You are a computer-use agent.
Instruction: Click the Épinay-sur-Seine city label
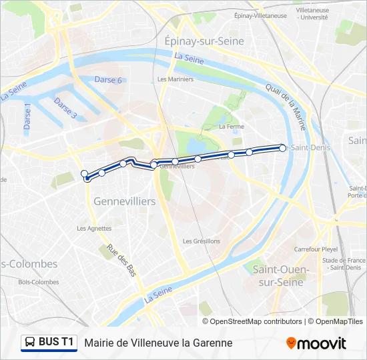click(x=204, y=41)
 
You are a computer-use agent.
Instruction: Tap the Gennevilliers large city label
click(x=125, y=201)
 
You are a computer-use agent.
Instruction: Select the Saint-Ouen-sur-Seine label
click(x=281, y=275)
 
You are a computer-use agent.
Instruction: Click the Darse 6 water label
click(x=108, y=81)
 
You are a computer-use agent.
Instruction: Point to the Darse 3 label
click(x=66, y=109)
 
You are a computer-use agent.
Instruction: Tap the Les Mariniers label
click(x=175, y=79)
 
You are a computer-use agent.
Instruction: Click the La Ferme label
click(x=232, y=126)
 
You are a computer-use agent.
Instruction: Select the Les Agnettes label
click(x=94, y=228)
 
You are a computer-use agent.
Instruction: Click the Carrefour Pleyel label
click(x=316, y=249)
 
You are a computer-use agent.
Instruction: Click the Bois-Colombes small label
click(x=39, y=282)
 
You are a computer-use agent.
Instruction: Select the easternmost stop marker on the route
click(x=283, y=148)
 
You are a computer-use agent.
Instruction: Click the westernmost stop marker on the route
click(x=85, y=174)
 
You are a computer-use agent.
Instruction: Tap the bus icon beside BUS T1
click(x=30, y=343)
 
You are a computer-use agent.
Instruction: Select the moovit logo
click(x=316, y=343)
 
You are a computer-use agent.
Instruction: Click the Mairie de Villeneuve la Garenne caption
click(x=158, y=343)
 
